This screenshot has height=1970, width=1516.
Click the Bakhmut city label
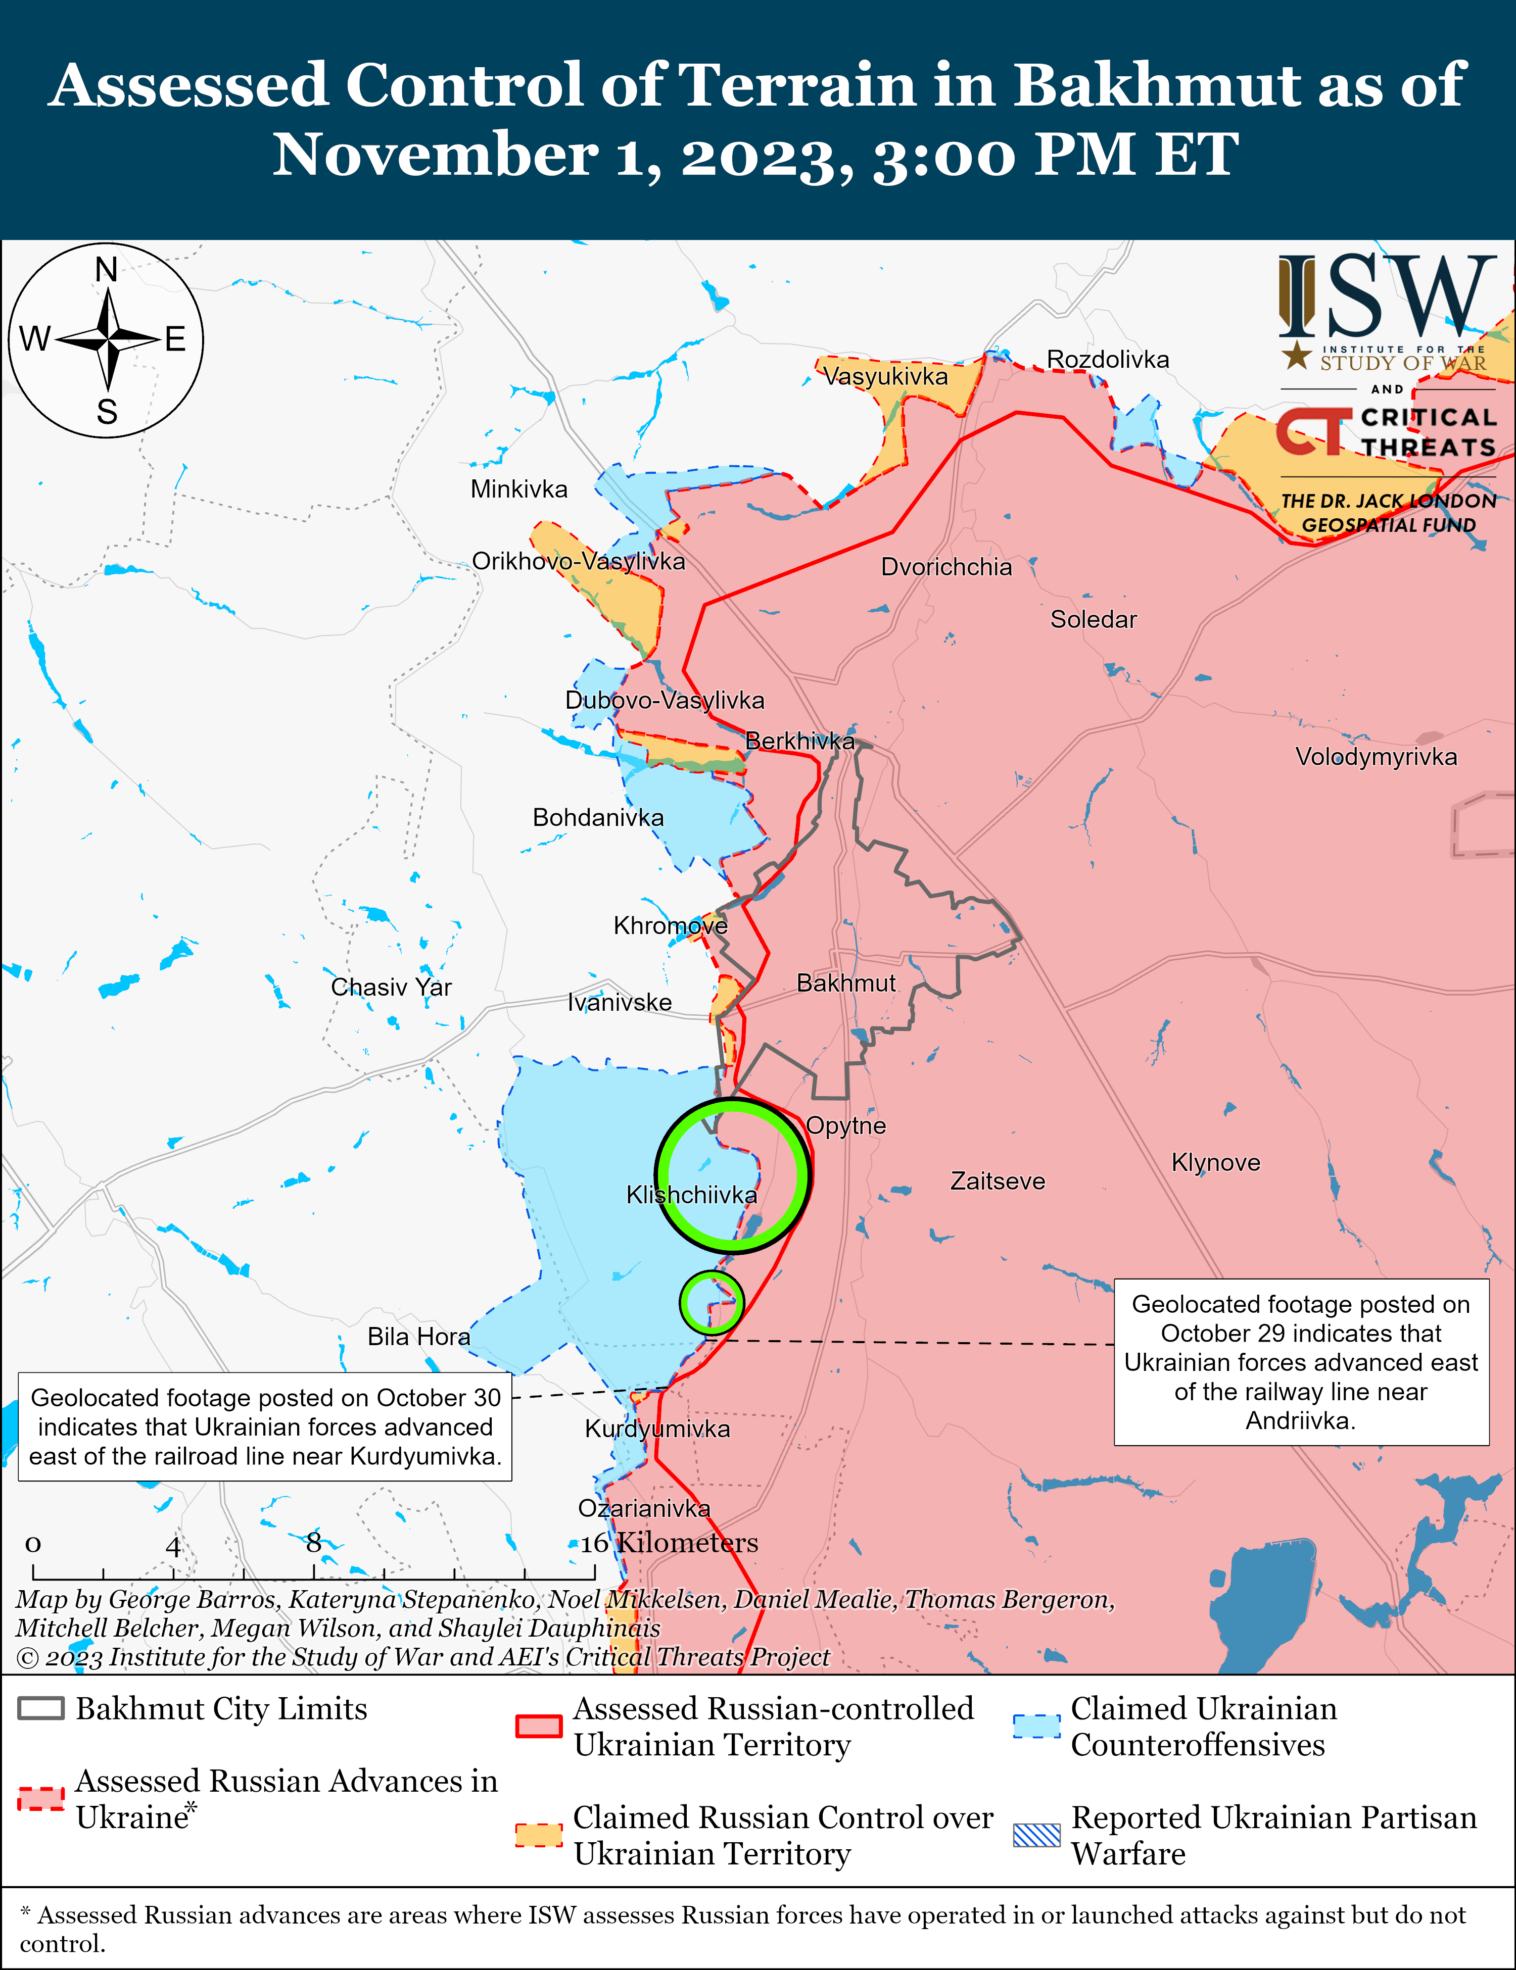[x=845, y=983]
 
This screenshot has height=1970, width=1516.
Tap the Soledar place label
[x=1093, y=620]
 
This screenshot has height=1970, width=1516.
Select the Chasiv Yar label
[x=391, y=987]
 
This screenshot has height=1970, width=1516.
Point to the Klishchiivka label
[x=691, y=1195]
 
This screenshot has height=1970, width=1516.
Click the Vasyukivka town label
[x=885, y=376]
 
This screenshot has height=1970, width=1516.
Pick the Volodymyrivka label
[x=1375, y=757]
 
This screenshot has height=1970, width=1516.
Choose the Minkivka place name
[x=519, y=490]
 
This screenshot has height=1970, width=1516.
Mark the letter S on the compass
[x=107, y=412]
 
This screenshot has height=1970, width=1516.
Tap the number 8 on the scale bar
[x=313, y=1543]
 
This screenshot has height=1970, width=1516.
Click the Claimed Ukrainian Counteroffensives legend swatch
[x=1036, y=1726]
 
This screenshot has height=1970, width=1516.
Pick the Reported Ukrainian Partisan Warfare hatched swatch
[x=1036, y=1835]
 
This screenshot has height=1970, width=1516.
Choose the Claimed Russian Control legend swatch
[x=539, y=1835]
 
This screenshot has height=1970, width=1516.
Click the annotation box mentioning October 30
[x=265, y=1427]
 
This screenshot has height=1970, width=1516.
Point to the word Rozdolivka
[x=1107, y=360]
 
